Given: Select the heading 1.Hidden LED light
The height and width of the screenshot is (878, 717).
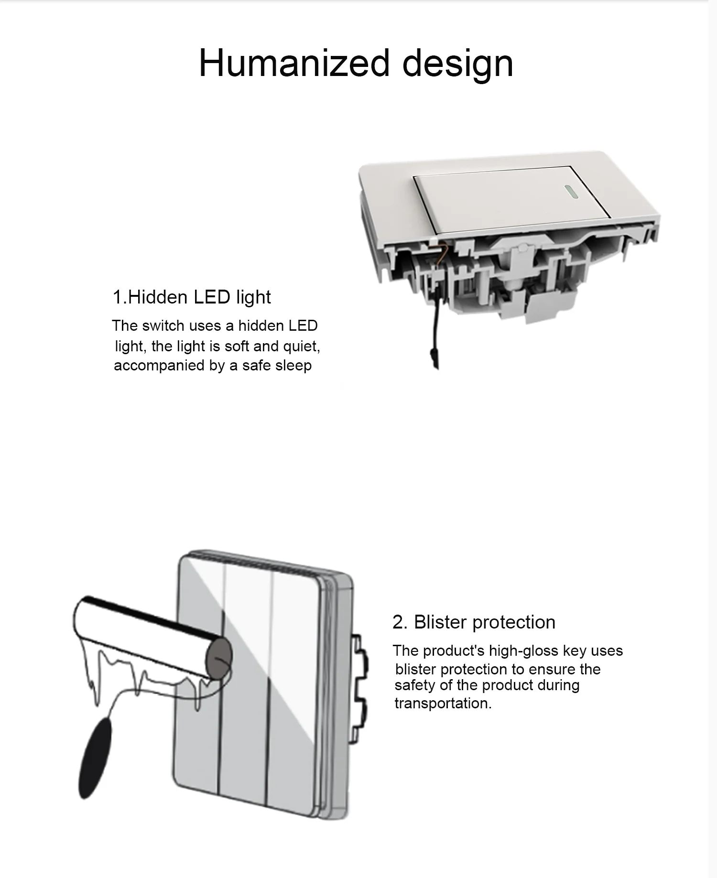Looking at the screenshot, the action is pyautogui.click(x=192, y=297).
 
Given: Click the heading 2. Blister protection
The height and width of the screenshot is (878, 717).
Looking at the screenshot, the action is pyautogui.click(x=474, y=622).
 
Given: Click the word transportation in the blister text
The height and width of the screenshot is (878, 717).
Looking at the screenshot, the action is pyautogui.click(x=443, y=703).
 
